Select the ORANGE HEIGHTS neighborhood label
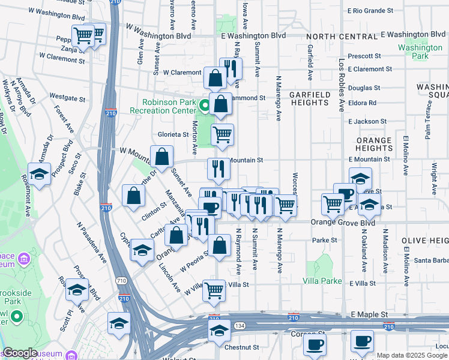373,144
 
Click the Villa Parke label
322,281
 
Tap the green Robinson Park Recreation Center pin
205,107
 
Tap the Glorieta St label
173,134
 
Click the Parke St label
325,240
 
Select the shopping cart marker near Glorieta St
222,134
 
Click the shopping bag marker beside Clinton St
133,195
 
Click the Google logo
20,353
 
